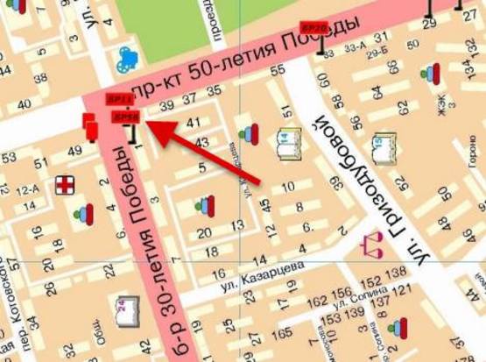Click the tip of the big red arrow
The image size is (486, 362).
pos(144,124)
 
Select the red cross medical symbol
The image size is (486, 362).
pos(66,185)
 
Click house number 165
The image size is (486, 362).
pos(283,335)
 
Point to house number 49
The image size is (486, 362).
pos(74,151)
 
